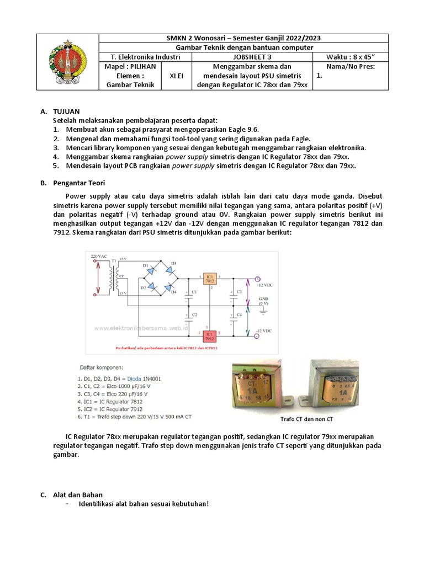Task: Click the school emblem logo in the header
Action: (x=67, y=62)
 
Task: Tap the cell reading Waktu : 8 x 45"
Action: (x=350, y=56)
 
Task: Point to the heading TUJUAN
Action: (x=66, y=111)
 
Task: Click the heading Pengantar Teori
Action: (x=79, y=183)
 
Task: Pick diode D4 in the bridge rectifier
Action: (x=171, y=287)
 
